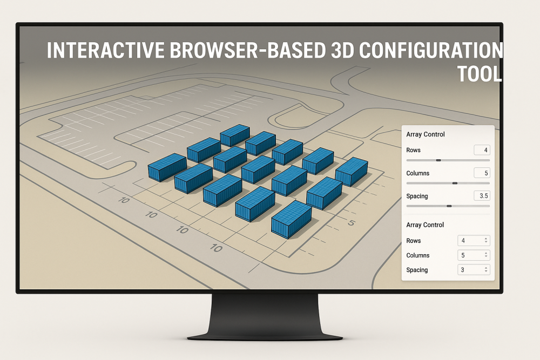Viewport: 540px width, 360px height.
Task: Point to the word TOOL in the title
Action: pyautogui.click(x=480, y=74)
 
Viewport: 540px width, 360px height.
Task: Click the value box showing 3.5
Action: pyautogui.click(x=482, y=196)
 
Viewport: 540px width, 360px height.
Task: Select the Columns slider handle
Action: pyautogui.click(x=455, y=184)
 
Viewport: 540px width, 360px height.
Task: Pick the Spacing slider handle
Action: pyautogui.click(x=449, y=206)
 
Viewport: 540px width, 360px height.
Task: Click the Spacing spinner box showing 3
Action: pyautogui.click(x=474, y=270)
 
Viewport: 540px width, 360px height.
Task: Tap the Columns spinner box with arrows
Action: pyautogui.click(x=474, y=255)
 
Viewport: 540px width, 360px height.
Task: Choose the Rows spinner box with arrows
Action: pyautogui.click(x=474, y=241)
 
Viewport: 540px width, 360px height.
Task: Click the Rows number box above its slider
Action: pyautogui.click(x=482, y=150)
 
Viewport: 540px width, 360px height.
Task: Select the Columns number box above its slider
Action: pyautogui.click(x=482, y=173)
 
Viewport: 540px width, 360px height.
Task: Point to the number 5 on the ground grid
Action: pyautogui.click(x=351, y=222)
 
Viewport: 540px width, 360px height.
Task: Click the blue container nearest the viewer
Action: pyautogui.click(x=291, y=219)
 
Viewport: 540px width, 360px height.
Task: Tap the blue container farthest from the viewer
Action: pyautogui.click(x=235, y=135)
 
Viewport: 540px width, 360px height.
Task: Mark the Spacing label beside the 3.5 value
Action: pyautogui.click(x=417, y=196)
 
